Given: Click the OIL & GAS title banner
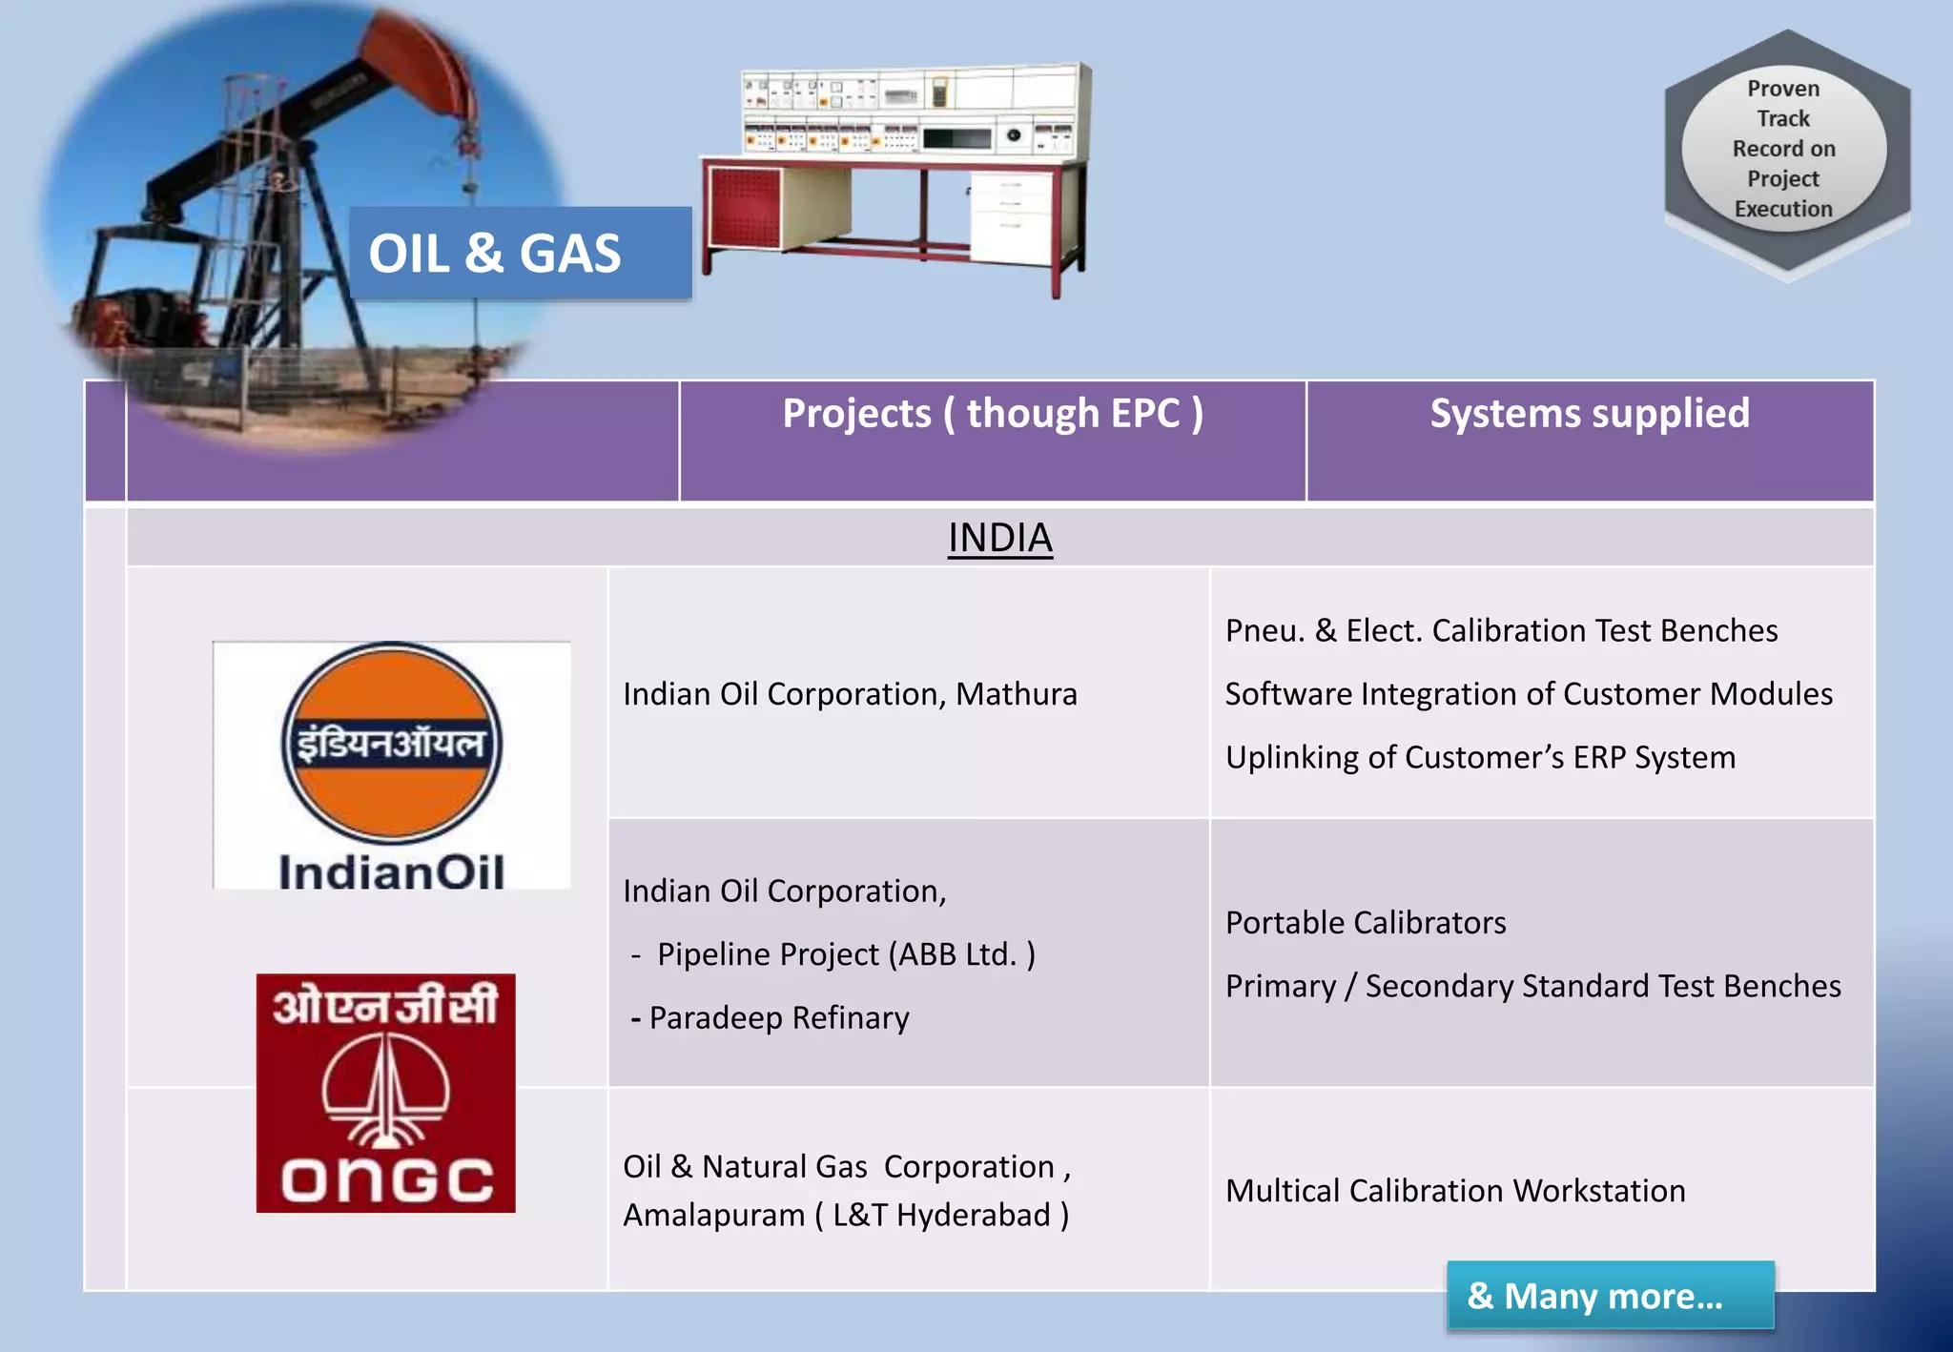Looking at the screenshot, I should (520, 254).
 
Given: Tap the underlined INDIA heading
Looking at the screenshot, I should (999, 538).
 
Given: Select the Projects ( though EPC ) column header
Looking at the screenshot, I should (992, 414).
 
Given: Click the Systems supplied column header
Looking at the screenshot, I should (1589, 414).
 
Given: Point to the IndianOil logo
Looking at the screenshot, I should (391, 766).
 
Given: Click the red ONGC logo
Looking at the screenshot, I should (385, 1093).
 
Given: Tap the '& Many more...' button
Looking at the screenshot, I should (1610, 1295).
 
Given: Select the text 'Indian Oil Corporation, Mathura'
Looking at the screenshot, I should (850, 694).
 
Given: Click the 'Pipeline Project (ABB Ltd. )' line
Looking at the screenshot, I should (845, 954).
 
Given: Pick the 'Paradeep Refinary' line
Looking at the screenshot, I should (778, 1018).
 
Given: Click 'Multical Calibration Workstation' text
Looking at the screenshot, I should (1455, 1191).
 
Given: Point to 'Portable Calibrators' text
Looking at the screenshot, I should (1366, 923).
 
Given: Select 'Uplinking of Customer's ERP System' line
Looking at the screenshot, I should (1480, 758).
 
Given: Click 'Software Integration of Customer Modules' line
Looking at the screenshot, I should (1528, 694).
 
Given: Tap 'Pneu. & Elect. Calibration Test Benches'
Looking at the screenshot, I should (1501, 631).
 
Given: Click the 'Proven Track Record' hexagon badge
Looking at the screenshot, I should (1785, 150).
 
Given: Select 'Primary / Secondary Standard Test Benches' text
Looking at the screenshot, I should (1532, 986).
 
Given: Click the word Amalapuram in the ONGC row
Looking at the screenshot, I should (713, 1216).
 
